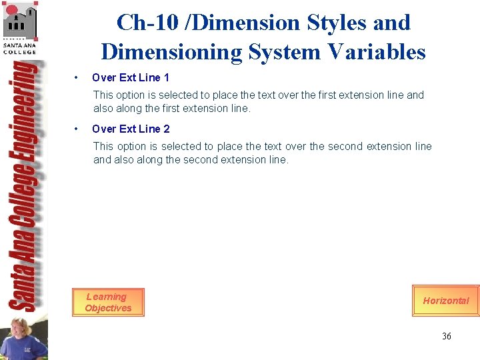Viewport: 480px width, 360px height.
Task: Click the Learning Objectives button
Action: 108,303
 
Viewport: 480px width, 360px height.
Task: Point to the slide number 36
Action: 446,336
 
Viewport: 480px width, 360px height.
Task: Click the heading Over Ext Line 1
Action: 131,78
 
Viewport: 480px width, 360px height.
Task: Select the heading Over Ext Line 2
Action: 131,129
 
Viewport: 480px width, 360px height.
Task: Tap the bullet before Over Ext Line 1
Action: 78,78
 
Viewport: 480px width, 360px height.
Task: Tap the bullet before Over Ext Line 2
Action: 78,129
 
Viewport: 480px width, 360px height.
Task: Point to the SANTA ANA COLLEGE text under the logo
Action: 19,48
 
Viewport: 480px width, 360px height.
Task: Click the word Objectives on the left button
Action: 108,308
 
